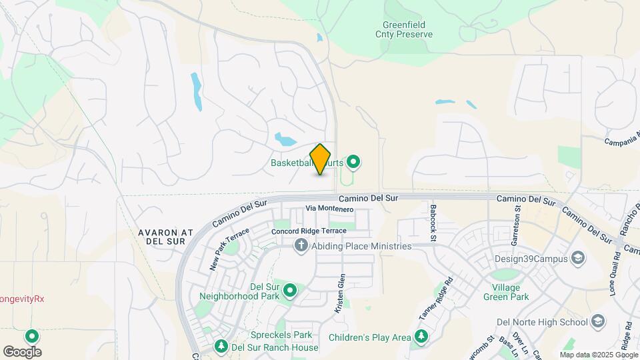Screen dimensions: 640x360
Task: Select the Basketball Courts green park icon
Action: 354,162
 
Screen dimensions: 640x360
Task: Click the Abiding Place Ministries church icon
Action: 301,246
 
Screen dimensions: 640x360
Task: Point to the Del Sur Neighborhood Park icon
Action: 290,291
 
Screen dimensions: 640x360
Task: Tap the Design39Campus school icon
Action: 578,259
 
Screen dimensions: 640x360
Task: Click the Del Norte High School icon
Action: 598,322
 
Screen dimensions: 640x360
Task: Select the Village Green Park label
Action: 516,292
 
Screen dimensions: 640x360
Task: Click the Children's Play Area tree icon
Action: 421,337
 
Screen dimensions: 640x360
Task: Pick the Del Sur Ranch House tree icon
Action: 221,347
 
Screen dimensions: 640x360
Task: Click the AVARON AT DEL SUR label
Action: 165,237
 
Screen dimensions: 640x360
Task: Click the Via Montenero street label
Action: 329,209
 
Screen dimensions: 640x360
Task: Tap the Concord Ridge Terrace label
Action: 309,231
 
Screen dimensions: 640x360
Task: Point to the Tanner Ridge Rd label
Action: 436,297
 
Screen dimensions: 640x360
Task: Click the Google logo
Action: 22,351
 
